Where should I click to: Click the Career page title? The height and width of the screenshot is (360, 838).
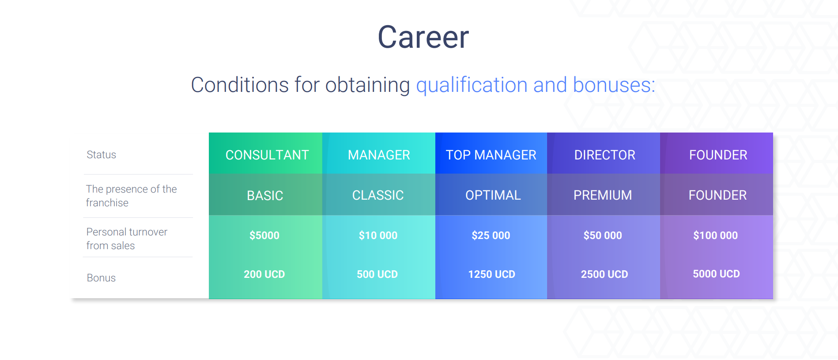[423, 37]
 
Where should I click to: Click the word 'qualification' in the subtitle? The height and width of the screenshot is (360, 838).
[472, 85]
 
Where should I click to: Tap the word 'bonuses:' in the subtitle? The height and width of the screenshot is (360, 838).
[614, 85]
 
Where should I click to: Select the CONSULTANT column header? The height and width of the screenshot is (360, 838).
[267, 155]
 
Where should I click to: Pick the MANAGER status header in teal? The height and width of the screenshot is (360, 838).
[379, 155]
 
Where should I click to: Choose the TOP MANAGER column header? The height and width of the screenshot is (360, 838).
[491, 155]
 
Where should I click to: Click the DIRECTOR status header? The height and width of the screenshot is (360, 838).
[604, 155]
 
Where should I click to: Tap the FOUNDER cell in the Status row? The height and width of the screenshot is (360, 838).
[718, 155]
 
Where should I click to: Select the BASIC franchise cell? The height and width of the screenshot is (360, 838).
[265, 195]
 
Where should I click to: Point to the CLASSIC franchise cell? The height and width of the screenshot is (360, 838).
[378, 195]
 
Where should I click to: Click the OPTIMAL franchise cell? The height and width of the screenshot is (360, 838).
[493, 195]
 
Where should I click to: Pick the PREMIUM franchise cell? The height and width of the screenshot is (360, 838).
[603, 195]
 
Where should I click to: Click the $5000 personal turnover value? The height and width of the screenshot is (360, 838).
[264, 235]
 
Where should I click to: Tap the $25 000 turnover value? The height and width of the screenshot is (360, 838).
[491, 235]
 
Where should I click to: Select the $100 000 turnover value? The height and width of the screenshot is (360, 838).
[715, 235]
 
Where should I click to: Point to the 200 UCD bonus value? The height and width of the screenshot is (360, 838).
[264, 274]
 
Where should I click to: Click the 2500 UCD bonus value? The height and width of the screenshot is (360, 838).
[604, 274]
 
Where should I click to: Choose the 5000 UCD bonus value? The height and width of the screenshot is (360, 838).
[716, 274]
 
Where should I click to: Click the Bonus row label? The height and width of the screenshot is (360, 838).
[101, 278]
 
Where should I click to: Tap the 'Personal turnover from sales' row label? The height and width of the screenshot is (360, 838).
[127, 239]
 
